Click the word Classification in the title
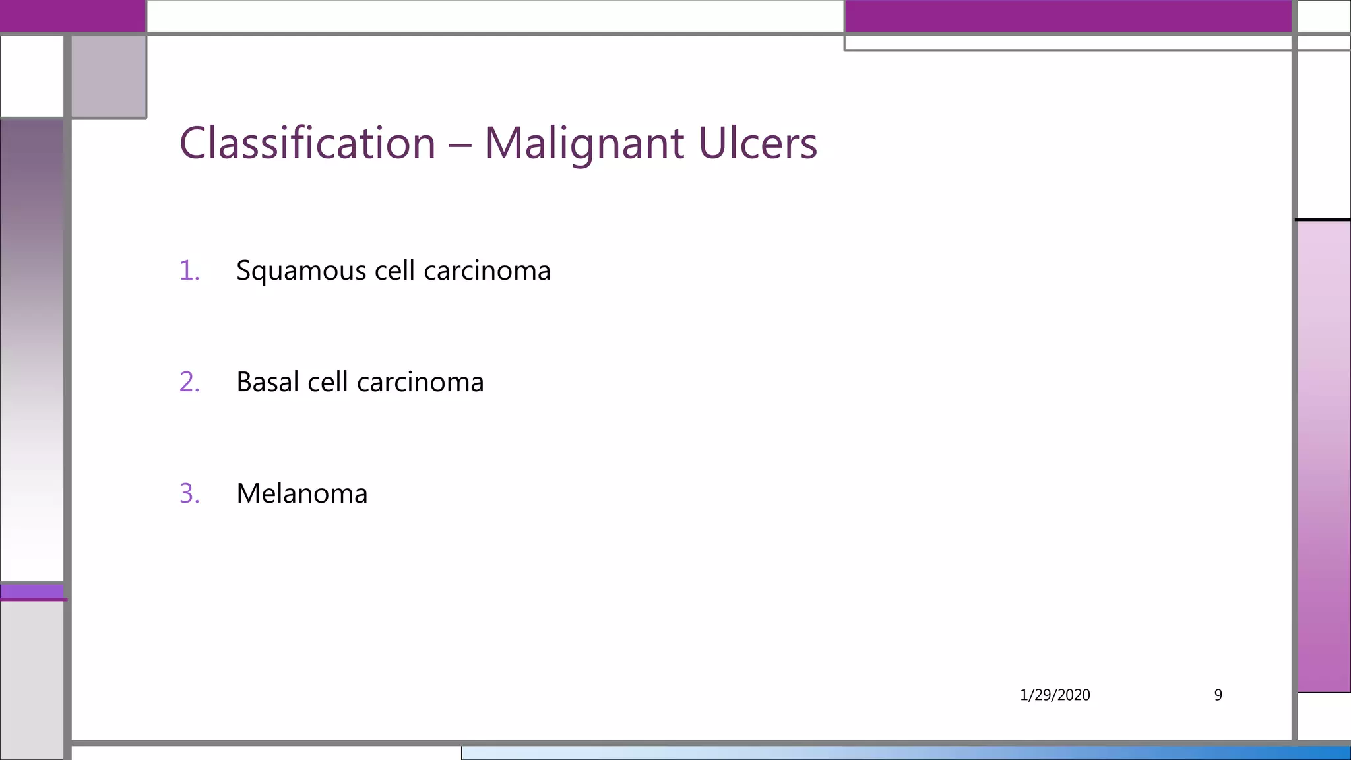tap(307, 143)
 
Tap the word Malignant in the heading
tap(584, 143)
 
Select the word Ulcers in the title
tap(757, 143)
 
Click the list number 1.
tap(189, 270)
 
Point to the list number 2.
tap(189, 382)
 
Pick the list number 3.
tap(189, 493)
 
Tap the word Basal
tap(267, 382)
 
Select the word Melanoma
tap(301, 493)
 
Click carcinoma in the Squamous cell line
tap(487, 271)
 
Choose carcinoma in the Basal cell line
tap(420, 382)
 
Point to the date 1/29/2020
tap(1054, 695)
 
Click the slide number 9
tap(1218, 695)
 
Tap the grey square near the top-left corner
tap(108, 76)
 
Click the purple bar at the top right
tap(1067, 16)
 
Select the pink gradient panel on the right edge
tap(1323, 455)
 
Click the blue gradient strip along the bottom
tap(904, 753)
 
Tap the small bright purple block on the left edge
tap(32, 591)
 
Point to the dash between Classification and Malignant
tap(460, 144)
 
